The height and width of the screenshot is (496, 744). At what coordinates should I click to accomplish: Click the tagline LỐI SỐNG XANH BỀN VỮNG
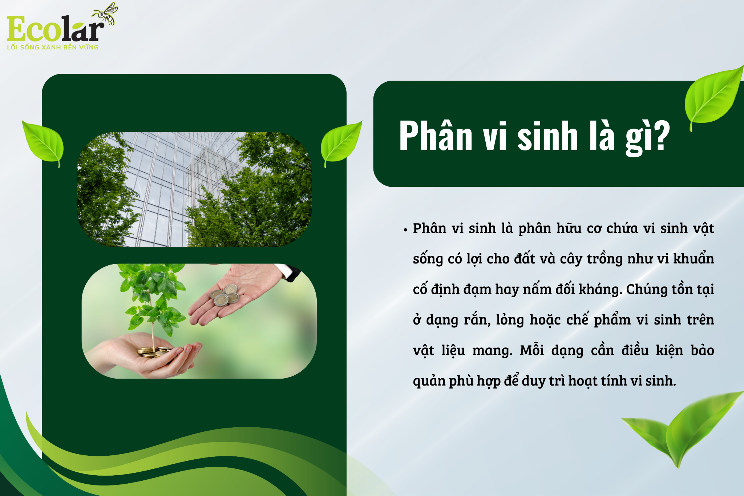pos(53,47)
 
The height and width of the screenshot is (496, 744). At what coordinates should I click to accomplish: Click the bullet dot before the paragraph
pos(405,229)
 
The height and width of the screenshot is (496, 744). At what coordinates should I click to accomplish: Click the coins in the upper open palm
pos(225,295)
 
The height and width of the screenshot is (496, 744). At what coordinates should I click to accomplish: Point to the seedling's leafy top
pos(153,294)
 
